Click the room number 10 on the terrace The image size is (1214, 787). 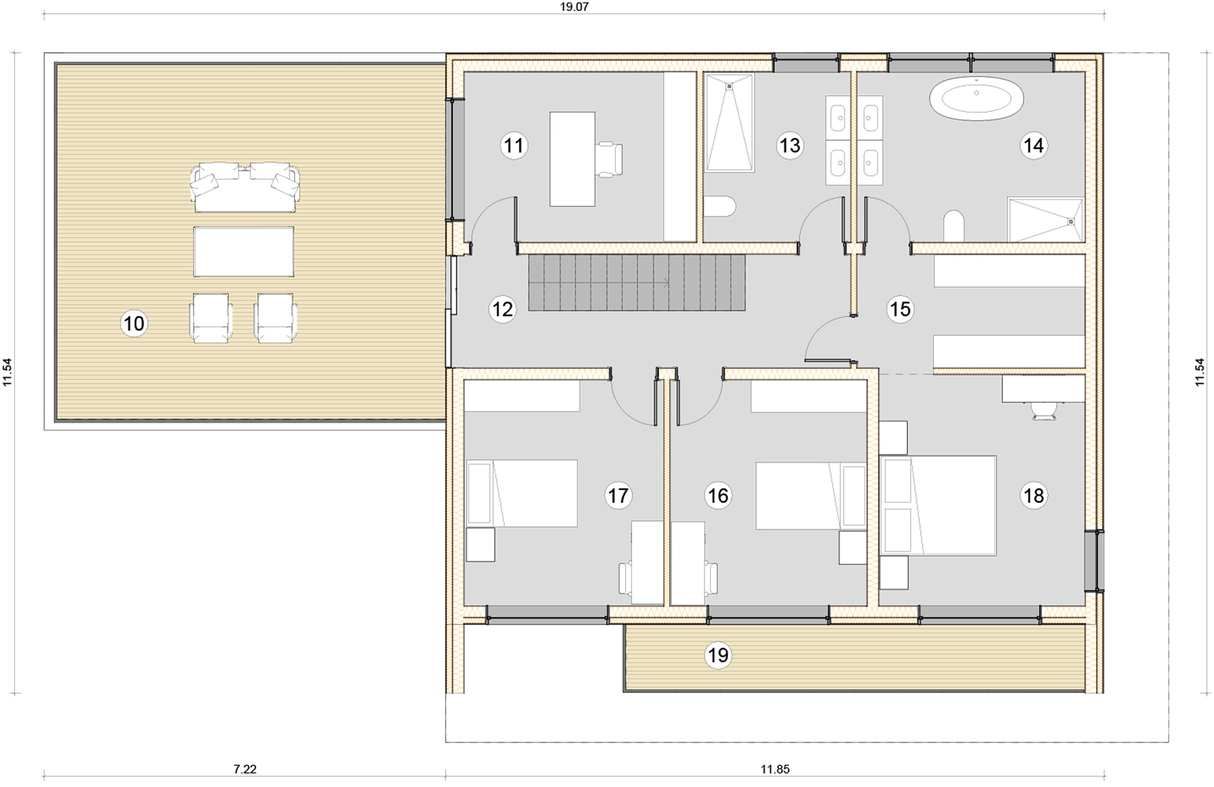134,323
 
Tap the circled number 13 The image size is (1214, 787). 790,145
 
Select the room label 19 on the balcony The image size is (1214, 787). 718,655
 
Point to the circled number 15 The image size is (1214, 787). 900,309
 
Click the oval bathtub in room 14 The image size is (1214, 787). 976,99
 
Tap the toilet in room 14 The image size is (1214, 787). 954,225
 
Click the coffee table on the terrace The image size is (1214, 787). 244,252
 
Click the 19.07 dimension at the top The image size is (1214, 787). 574,7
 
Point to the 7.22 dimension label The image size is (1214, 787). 245,769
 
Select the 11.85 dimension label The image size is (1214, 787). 775,769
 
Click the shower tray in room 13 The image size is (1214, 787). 729,123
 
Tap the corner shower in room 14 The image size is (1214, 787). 1045,220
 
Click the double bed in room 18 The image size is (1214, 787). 938,505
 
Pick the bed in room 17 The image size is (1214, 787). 521,493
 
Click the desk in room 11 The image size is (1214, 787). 572,159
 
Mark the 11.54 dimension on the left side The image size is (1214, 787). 7,372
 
